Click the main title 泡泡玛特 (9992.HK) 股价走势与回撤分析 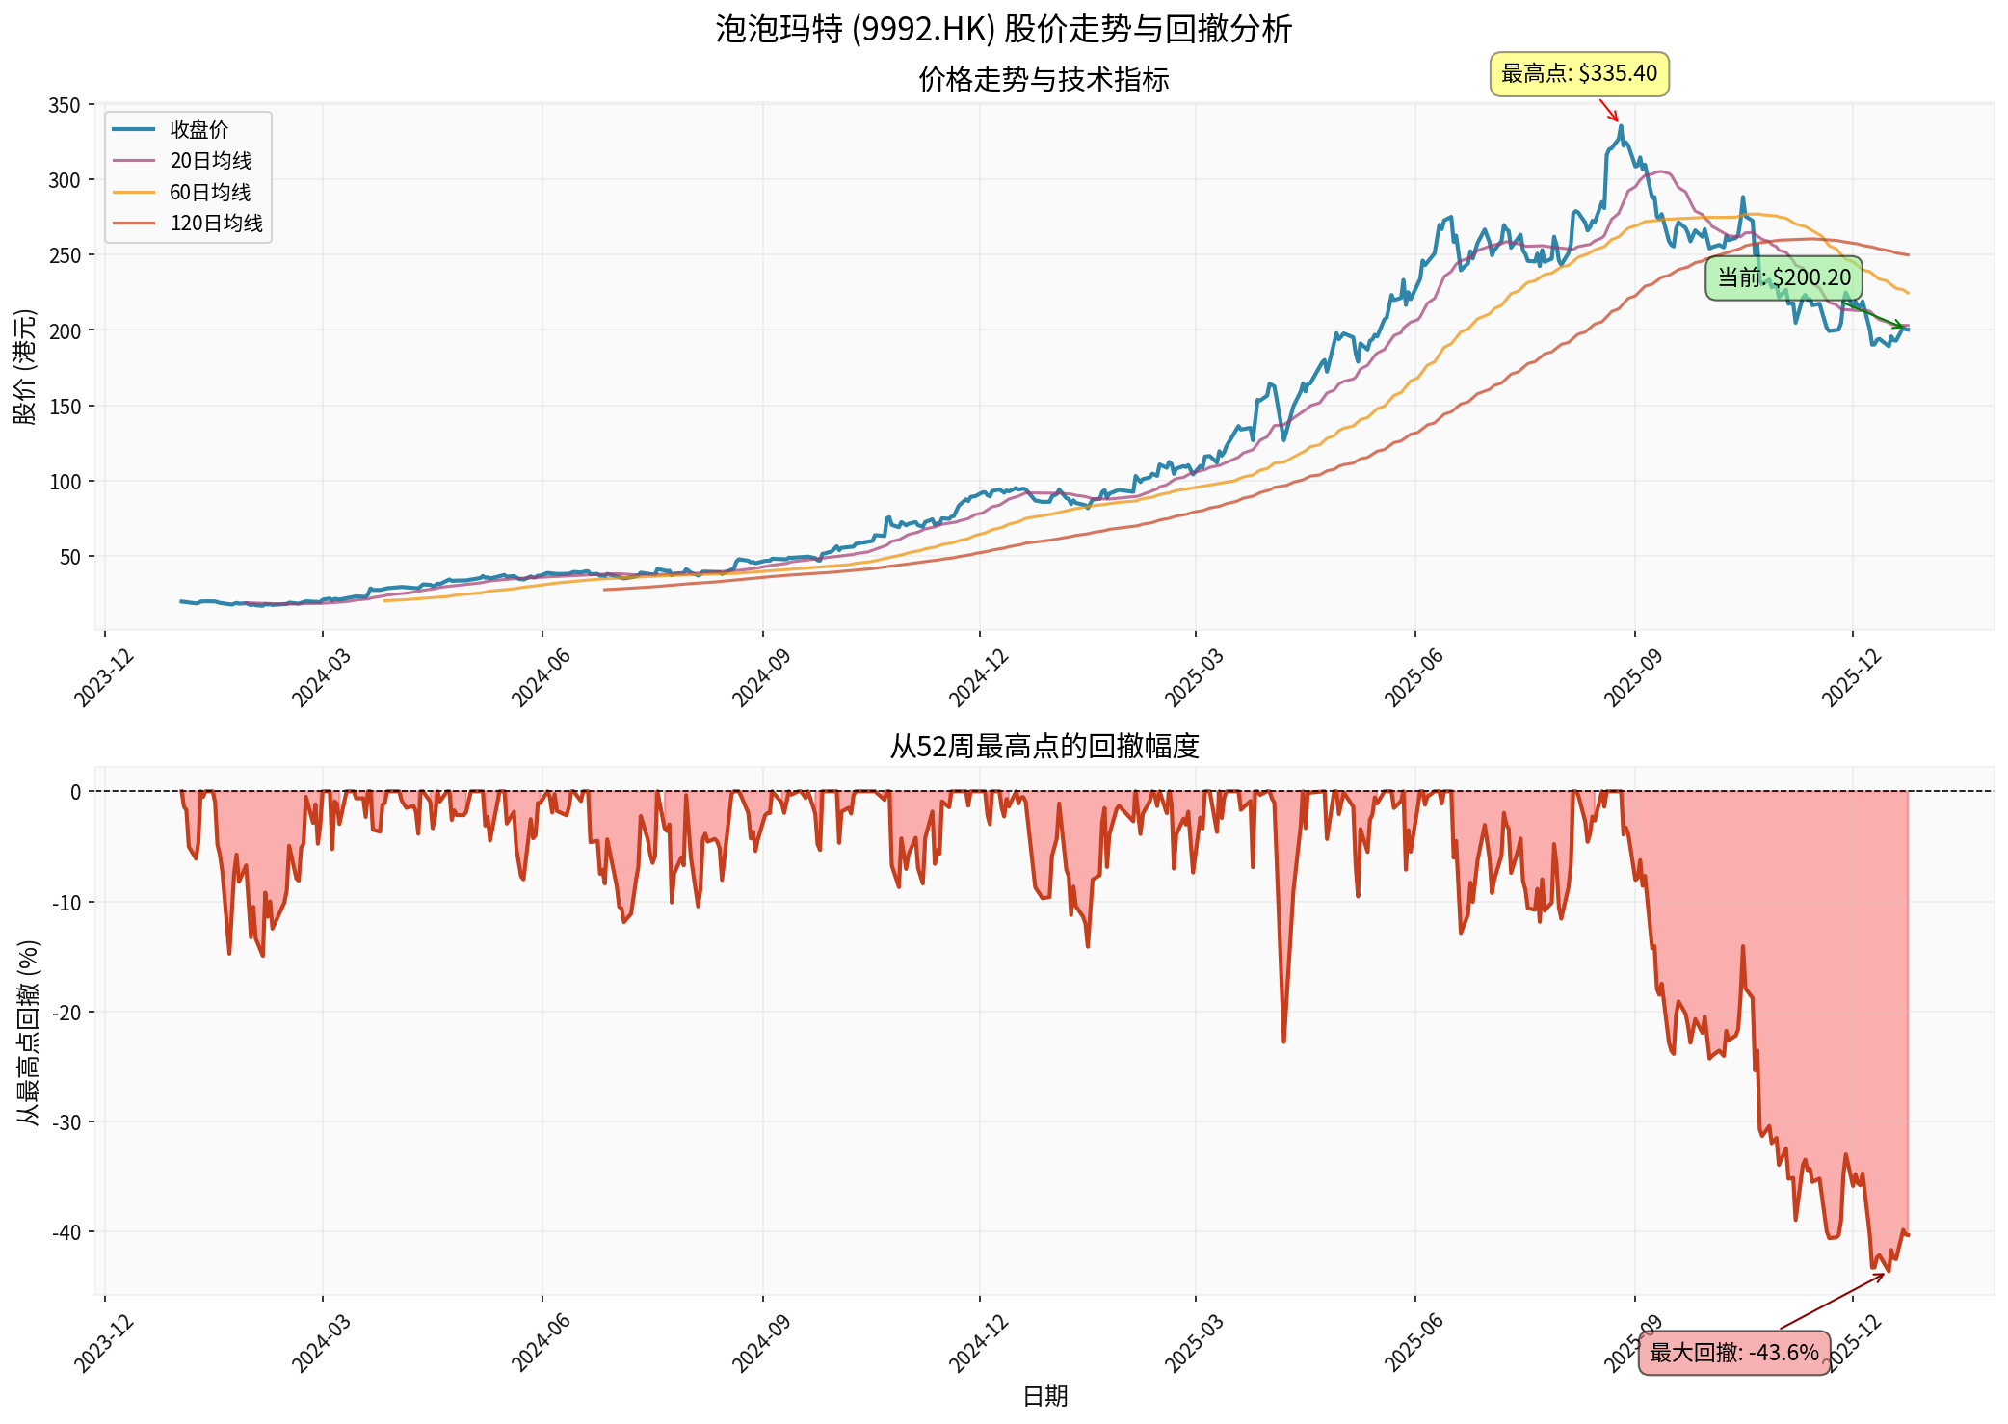[1003, 29]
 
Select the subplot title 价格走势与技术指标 [1044, 79]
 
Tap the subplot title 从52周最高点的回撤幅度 [1044, 746]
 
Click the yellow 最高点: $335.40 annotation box [1579, 74]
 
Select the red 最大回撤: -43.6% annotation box [1733, 1353]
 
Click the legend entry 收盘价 [198, 129]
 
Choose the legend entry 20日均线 [210, 161]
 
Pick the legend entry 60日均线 [210, 192]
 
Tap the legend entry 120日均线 [216, 224]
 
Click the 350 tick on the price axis [65, 105]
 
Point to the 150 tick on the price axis [65, 407]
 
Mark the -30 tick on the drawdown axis [67, 1122]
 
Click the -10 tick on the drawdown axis [67, 903]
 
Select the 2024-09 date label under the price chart [761, 678]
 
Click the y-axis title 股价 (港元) [25, 366]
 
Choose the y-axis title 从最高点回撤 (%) [28, 1032]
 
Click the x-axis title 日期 [1044, 1396]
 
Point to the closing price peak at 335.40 [1621, 126]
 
